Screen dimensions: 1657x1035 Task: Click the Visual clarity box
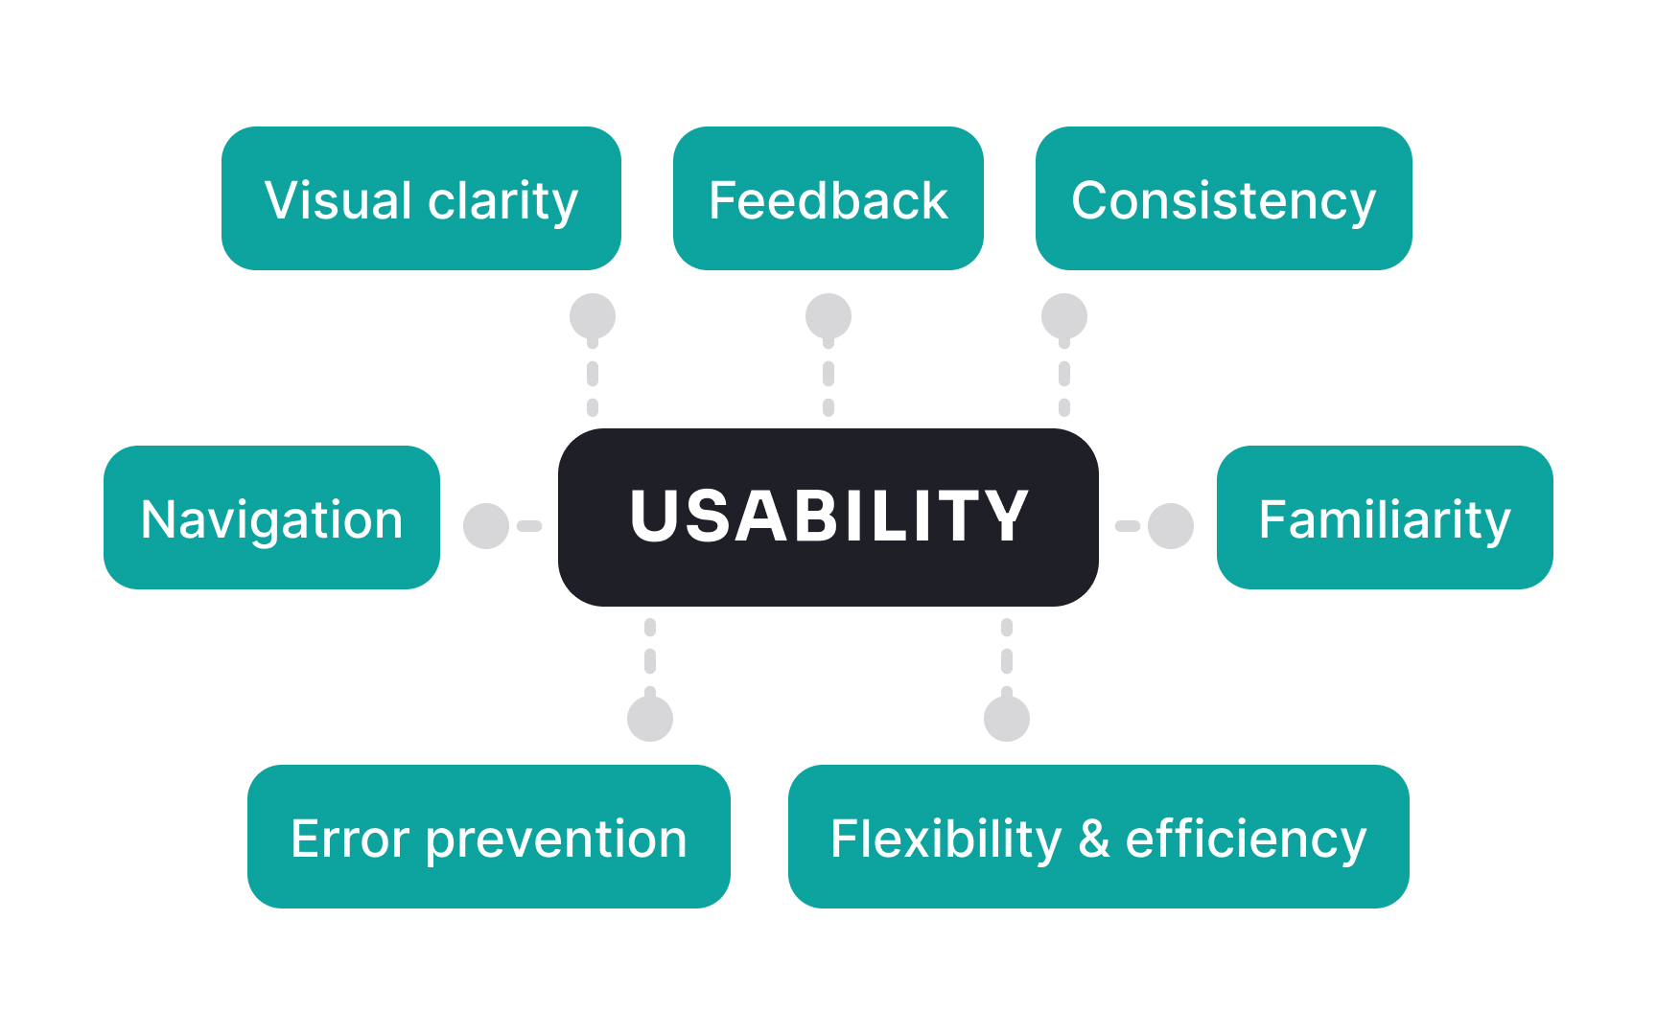[x=421, y=198]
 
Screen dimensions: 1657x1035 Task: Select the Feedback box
[x=828, y=198]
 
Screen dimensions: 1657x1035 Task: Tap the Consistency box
[x=1223, y=198]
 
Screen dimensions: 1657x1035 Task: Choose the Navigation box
[x=271, y=517]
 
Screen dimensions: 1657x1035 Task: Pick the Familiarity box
[x=1384, y=517]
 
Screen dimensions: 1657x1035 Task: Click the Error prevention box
[x=488, y=837]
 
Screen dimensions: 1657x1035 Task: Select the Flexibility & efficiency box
[x=1098, y=837]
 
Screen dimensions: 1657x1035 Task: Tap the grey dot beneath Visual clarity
[x=593, y=316]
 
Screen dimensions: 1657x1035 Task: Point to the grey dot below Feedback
[x=828, y=316]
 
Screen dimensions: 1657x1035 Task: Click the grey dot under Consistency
[x=1064, y=316]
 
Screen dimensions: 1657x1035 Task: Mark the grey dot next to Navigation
[x=486, y=526]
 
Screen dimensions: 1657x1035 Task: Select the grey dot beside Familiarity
[x=1171, y=526]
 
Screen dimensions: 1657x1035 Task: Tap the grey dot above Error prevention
[x=650, y=719]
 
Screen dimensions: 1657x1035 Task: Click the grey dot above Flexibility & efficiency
[x=1007, y=719]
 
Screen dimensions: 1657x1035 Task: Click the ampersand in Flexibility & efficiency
[x=1094, y=839]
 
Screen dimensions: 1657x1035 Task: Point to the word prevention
[x=556, y=840]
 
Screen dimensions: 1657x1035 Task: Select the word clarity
[x=503, y=201]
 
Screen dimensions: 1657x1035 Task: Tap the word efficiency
[x=1246, y=840]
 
